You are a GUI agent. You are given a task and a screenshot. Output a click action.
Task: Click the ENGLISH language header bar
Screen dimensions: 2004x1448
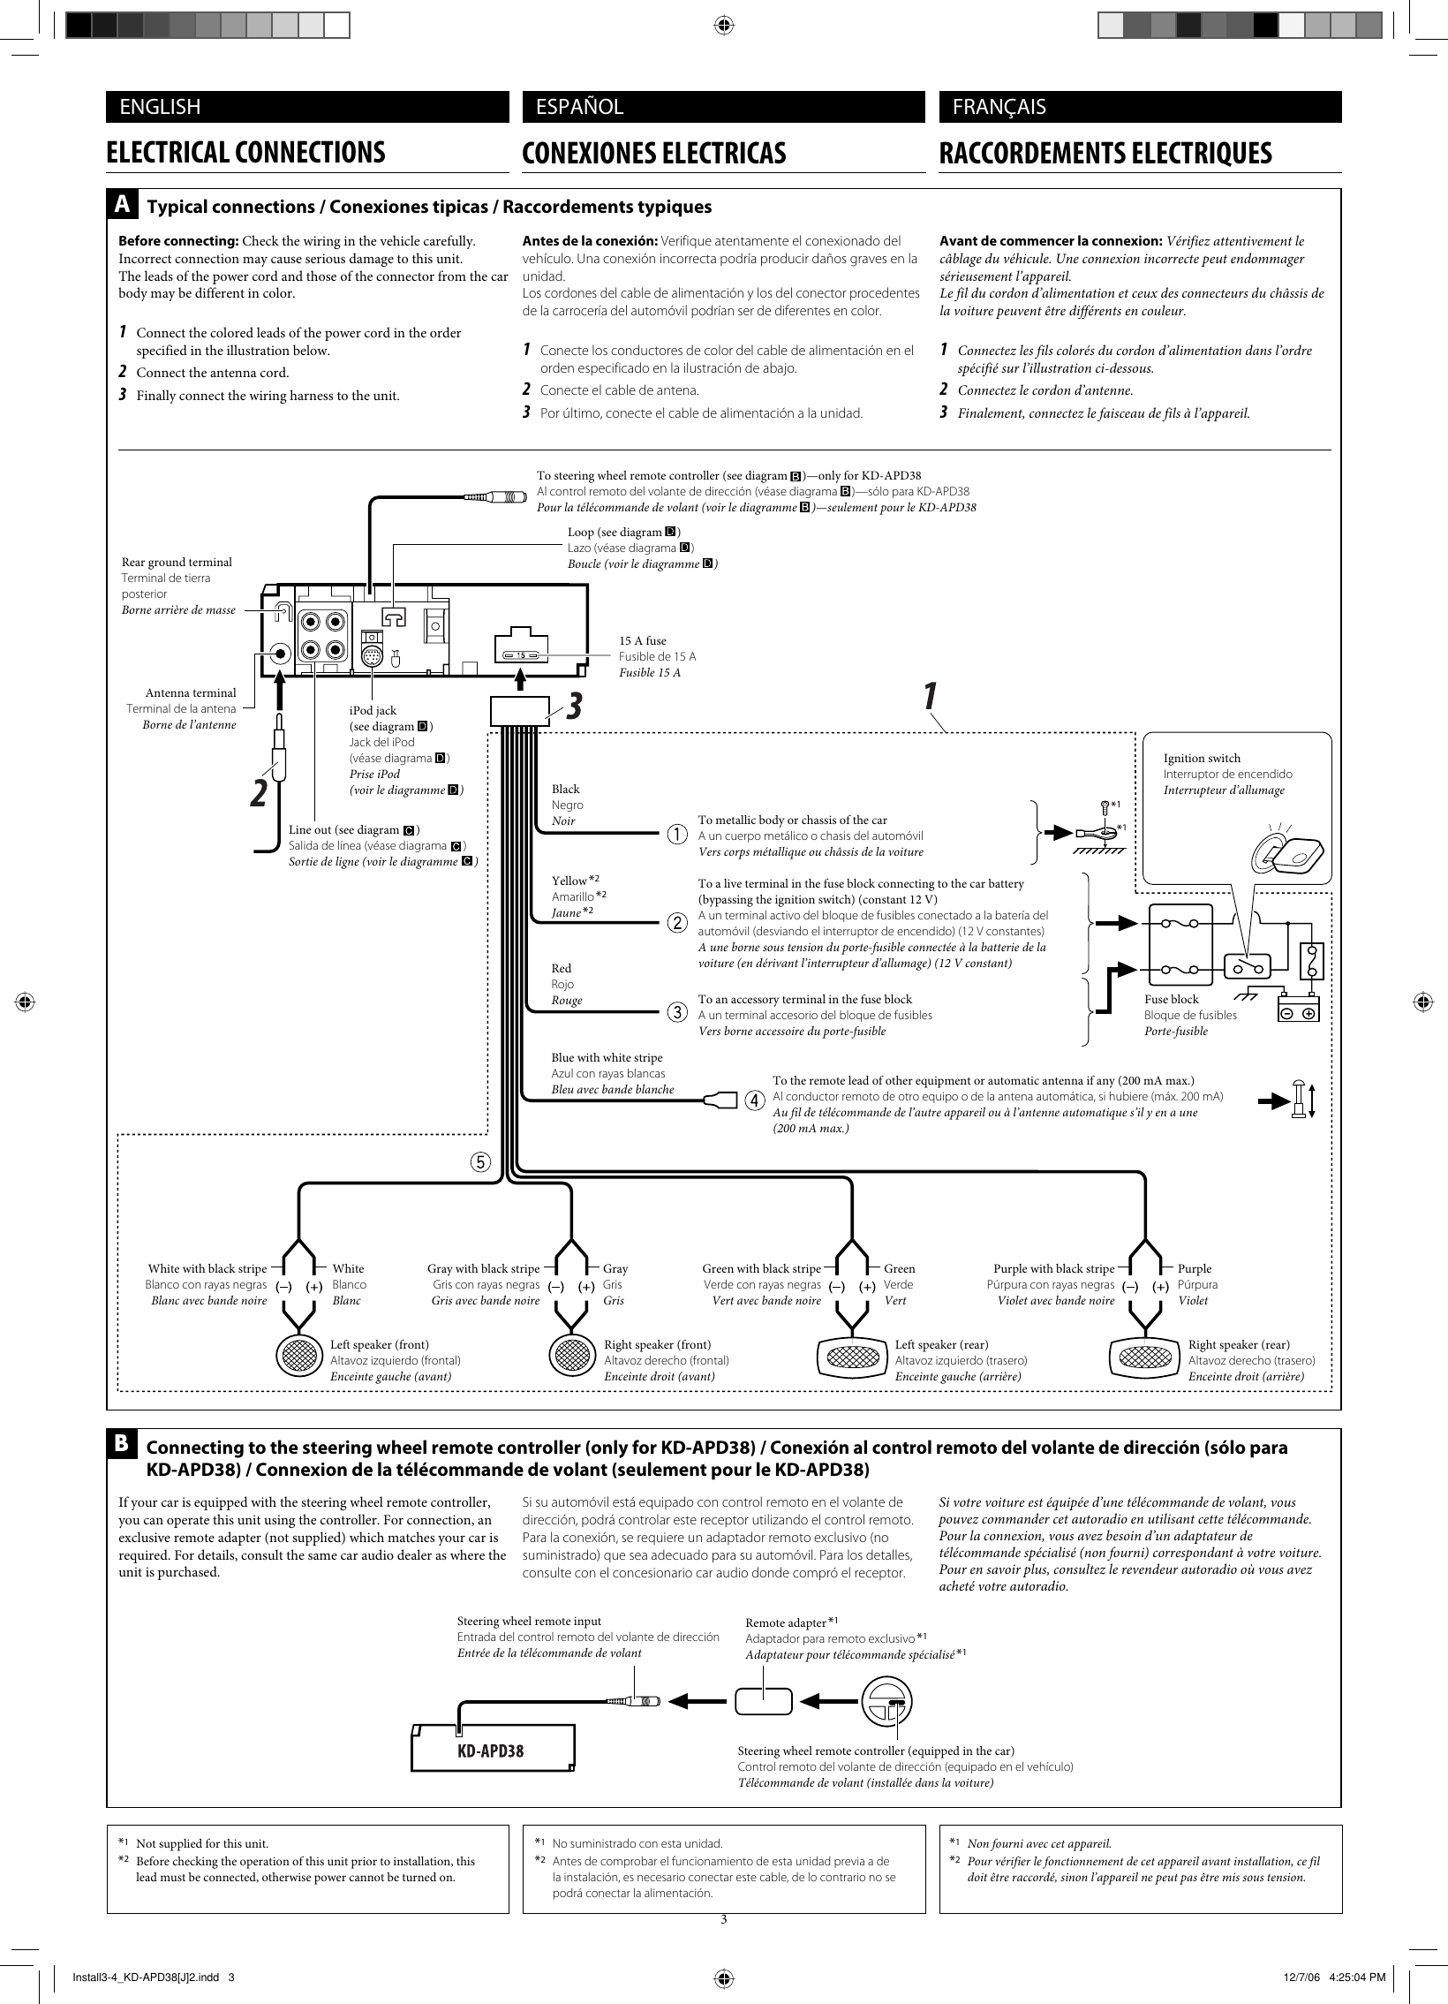click(306, 107)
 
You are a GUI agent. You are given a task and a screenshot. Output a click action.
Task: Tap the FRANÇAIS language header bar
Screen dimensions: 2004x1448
click(1139, 107)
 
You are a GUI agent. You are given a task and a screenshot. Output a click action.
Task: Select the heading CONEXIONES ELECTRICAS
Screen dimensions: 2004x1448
click(653, 153)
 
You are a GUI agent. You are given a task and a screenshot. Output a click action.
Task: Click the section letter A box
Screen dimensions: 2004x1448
click(122, 204)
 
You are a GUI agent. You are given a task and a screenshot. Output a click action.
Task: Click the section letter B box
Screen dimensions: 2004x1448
click(122, 1443)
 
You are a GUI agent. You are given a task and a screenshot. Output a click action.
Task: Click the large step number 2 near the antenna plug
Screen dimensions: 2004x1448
click(257, 792)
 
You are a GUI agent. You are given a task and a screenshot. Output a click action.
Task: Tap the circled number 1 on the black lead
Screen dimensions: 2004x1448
click(675, 834)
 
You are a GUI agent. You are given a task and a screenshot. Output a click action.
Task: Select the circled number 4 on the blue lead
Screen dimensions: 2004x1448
click(755, 1101)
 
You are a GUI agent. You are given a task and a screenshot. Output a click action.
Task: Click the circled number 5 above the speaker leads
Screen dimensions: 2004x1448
click(479, 1162)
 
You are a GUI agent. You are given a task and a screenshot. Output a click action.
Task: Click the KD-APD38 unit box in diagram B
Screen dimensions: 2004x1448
click(491, 1751)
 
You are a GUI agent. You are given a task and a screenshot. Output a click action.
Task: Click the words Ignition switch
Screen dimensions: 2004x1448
click(1202, 758)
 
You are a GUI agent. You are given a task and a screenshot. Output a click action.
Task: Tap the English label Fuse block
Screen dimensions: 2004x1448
click(1172, 999)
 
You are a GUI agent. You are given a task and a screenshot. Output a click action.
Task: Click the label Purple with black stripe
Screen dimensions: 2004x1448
click(1053, 1269)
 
